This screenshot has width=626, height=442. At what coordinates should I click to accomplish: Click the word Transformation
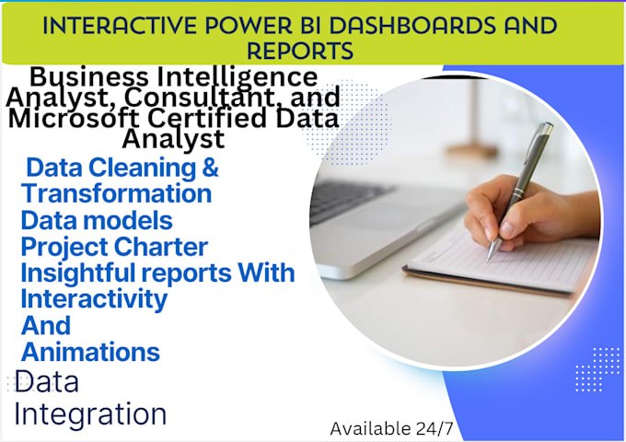click(117, 194)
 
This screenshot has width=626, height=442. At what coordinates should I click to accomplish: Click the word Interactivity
click(94, 299)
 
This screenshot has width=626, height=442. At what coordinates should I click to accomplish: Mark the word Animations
click(90, 352)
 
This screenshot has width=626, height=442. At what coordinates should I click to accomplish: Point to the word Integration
click(90, 413)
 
